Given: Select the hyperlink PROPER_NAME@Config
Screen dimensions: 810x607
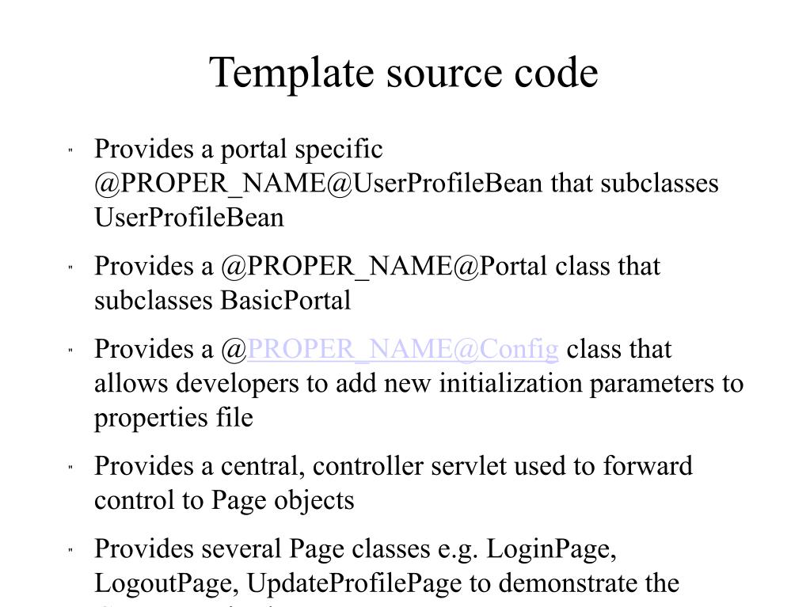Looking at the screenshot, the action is (x=404, y=349).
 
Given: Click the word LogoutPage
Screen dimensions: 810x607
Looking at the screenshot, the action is (x=164, y=583).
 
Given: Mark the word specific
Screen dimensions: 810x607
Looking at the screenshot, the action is (x=338, y=148).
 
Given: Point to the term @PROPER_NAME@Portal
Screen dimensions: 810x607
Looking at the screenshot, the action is (x=384, y=266).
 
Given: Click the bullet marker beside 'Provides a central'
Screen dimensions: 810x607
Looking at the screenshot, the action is (x=70, y=467).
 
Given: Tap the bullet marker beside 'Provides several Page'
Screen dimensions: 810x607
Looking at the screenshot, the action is (x=70, y=549).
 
